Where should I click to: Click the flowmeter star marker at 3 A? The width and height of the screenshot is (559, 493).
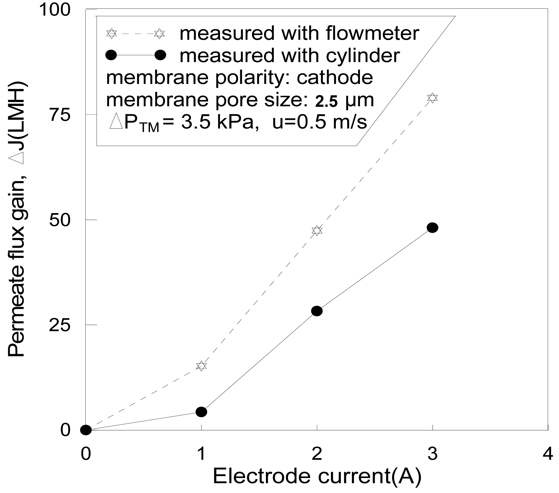(x=432, y=98)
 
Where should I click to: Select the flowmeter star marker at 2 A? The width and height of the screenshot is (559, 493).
(x=317, y=231)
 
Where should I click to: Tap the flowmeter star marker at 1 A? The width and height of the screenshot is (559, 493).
(x=202, y=366)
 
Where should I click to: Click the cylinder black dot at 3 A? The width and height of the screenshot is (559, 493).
(x=432, y=228)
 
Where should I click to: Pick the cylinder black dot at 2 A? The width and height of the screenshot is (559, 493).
(x=317, y=311)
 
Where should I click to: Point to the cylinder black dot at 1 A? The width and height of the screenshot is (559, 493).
(x=202, y=412)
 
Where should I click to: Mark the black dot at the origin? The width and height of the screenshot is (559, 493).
(x=86, y=430)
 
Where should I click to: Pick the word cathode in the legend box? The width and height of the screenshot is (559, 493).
(x=334, y=77)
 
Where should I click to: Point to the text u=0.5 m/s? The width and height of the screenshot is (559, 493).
(x=319, y=123)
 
